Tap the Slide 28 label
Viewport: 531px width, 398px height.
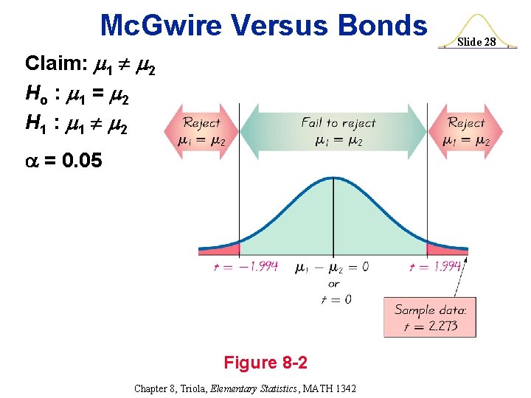(478, 42)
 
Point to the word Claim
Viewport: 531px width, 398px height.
(55, 63)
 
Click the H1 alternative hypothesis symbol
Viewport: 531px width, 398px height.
(37, 128)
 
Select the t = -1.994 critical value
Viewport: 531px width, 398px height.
(246, 266)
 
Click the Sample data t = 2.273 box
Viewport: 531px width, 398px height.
(429, 316)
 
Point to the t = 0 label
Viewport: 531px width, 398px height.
(333, 299)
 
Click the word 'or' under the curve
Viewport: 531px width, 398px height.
(333, 283)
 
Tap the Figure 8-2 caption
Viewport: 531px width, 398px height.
(265, 363)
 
